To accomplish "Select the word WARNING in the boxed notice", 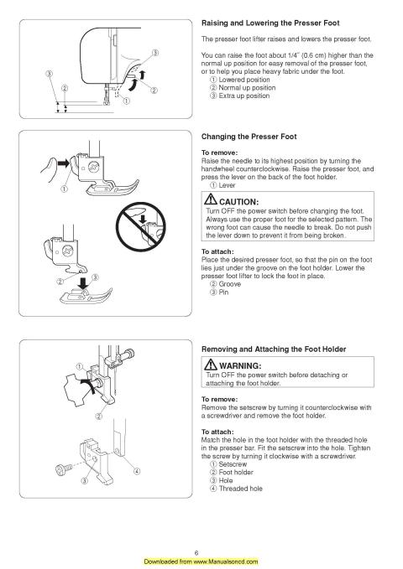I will pyautogui.click(x=244, y=367).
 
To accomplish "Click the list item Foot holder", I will pyautogui.click(x=238, y=473).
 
